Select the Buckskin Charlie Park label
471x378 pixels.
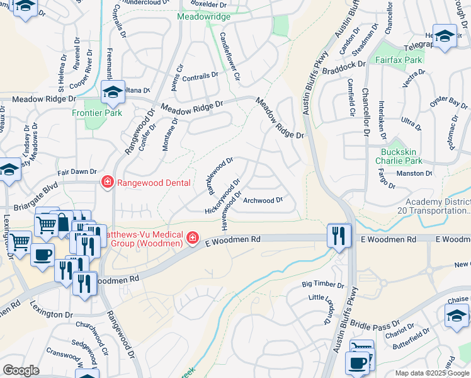click(406, 156)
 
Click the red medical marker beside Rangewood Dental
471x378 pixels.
click(107, 183)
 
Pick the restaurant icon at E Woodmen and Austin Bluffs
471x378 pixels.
click(339, 235)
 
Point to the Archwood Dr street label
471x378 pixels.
click(263, 201)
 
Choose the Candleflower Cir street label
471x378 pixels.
click(229, 57)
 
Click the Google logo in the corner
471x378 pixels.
click(21, 370)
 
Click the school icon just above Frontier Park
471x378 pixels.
click(113, 93)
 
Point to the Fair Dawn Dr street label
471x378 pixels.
click(76, 171)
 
